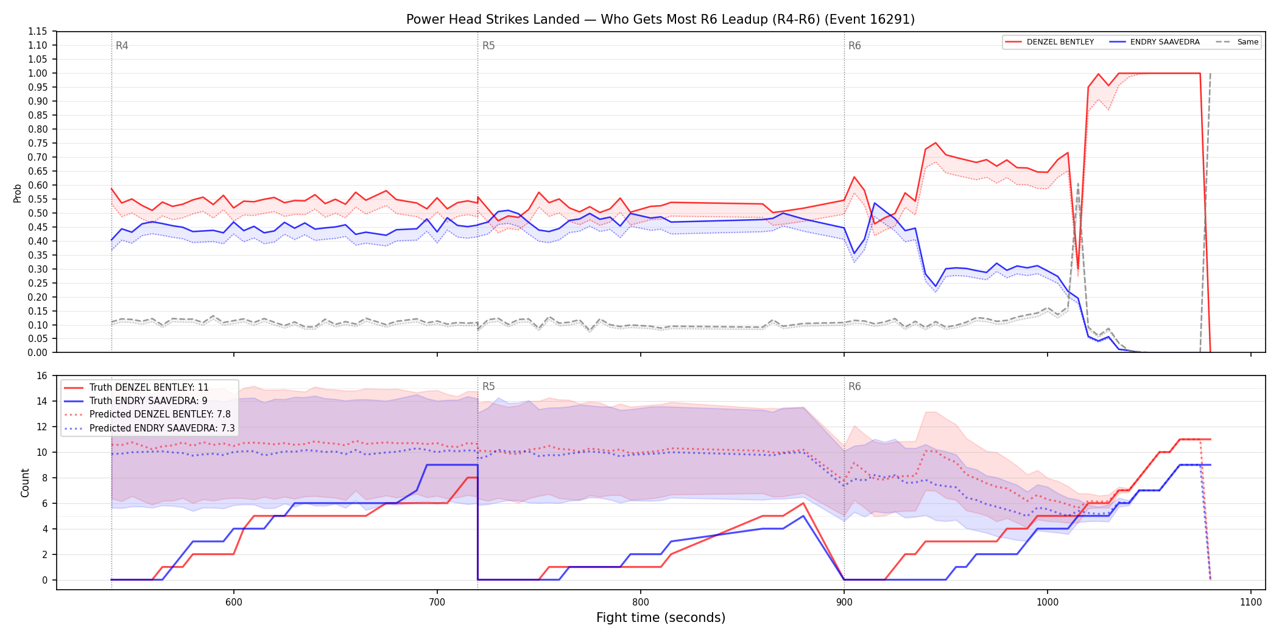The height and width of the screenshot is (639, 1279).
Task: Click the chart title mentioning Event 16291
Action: click(660, 19)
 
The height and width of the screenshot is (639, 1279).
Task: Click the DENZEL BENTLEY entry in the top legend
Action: click(1049, 42)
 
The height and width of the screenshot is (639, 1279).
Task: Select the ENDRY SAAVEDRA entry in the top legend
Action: click(1154, 42)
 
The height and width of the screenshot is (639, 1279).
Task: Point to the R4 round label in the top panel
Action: click(122, 46)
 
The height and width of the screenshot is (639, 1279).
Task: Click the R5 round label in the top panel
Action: click(488, 46)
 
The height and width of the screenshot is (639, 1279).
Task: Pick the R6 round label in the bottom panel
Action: click(854, 386)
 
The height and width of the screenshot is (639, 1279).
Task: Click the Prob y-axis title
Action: click(18, 193)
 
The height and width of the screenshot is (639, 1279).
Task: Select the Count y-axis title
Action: click(25, 483)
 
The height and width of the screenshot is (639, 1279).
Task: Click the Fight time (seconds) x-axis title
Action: click(661, 618)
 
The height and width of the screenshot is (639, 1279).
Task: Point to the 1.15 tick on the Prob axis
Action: click(38, 32)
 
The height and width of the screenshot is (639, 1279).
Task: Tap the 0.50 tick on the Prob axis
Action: click(38, 213)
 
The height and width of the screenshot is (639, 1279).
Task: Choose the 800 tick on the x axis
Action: click(641, 602)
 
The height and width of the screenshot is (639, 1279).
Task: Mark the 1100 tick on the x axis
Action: click(1251, 602)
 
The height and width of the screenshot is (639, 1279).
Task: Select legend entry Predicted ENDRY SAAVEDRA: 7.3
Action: click(149, 428)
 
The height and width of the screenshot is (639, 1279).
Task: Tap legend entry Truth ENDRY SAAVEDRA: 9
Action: click(135, 400)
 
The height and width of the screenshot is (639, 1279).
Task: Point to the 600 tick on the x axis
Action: click(234, 602)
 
